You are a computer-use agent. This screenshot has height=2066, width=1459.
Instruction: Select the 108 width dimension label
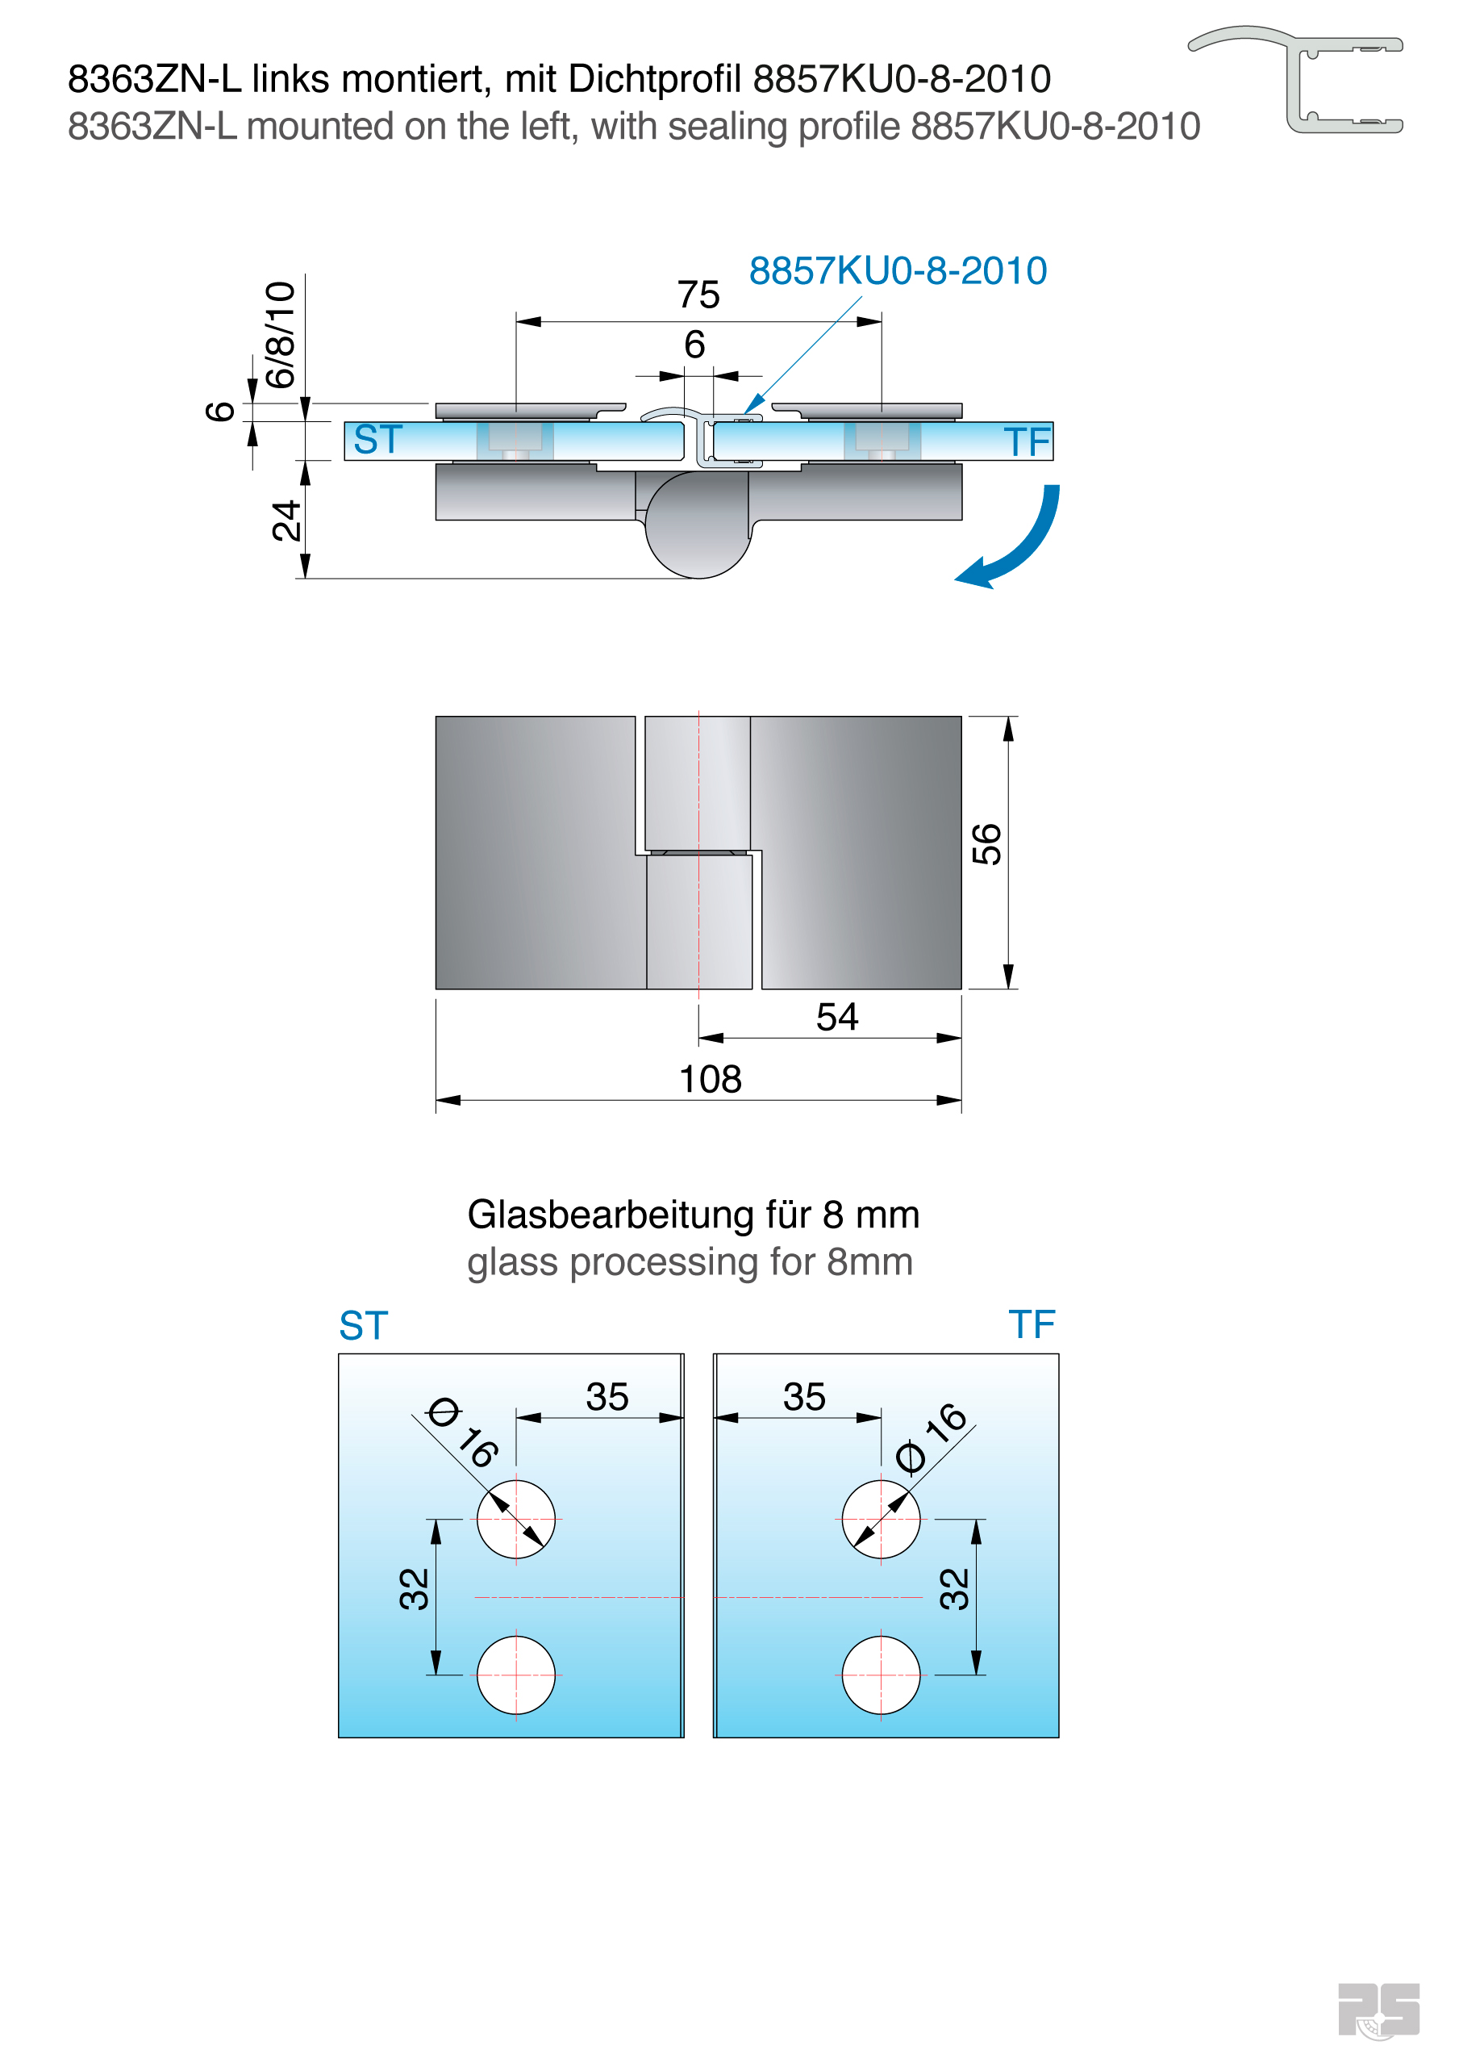click(710, 1079)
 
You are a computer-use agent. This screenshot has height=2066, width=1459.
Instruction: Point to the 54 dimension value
click(836, 1017)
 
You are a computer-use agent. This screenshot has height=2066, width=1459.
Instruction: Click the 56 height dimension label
click(986, 844)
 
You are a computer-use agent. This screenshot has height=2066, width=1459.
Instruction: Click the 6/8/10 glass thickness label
click(280, 334)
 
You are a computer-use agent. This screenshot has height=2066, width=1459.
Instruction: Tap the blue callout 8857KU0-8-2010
click(898, 271)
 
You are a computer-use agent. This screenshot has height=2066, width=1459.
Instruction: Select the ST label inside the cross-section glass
click(377, 440)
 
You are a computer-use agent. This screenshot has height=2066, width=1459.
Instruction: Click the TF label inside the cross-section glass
click(1027, 441)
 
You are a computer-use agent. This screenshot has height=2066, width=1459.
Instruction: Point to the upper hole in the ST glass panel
click(515, 1519)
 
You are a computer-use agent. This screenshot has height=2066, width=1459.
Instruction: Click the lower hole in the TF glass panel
click(881, 1675)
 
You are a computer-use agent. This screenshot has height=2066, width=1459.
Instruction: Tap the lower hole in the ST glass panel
click(515, 1675)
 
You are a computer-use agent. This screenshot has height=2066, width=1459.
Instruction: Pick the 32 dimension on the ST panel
click(414, 1588)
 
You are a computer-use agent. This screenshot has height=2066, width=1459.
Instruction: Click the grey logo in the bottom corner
click(1378, 2010)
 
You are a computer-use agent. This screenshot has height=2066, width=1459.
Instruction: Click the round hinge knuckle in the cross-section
click(698, 526)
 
